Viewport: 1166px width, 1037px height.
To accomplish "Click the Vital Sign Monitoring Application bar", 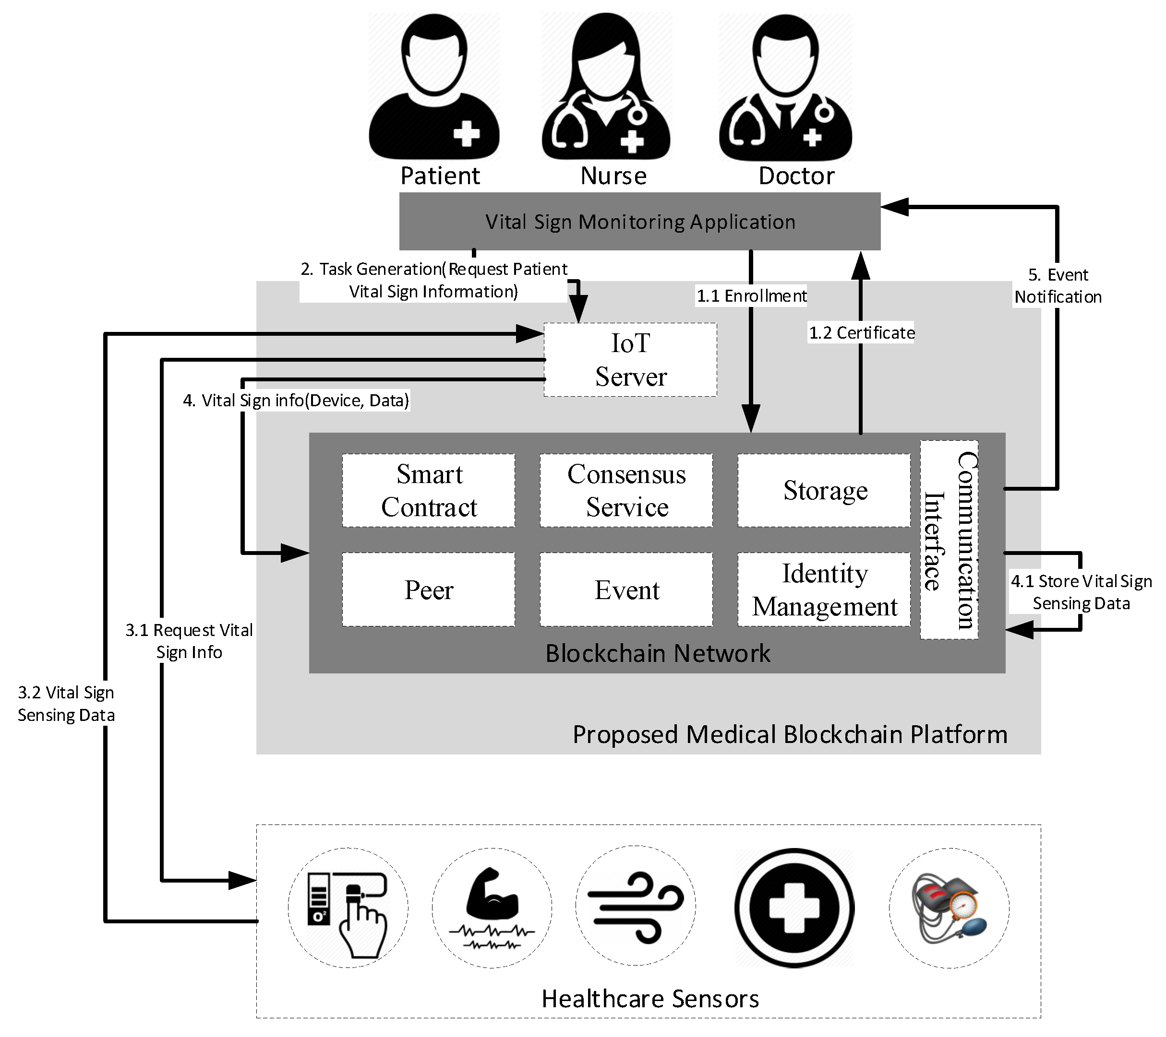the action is (639, 221).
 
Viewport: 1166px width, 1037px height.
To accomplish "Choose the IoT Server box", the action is (630, 360).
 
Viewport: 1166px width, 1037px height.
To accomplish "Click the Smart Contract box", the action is (428, 490).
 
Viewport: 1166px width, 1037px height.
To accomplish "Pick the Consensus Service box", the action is (626, 490).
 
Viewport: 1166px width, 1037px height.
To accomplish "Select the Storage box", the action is (824, 490).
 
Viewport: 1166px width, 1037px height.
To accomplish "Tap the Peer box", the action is (428, 589).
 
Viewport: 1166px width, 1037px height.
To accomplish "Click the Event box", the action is (626, 589).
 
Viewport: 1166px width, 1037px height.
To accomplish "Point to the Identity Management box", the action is (824, 589).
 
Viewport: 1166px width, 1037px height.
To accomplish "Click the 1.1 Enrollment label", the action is (751, 296).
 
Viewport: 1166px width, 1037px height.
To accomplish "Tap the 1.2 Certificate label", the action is (861, 332).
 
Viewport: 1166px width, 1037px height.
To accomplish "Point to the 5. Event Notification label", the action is (1058, 285).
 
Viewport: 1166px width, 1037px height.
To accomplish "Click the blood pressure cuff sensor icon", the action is (949, 908).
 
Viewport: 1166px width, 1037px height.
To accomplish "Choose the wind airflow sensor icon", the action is (636, 907).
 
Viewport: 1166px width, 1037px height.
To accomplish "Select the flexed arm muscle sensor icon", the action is (492, 908).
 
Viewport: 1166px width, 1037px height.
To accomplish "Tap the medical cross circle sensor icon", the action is (794, 908).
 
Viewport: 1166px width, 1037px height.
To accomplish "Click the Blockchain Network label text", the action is (658, 653).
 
